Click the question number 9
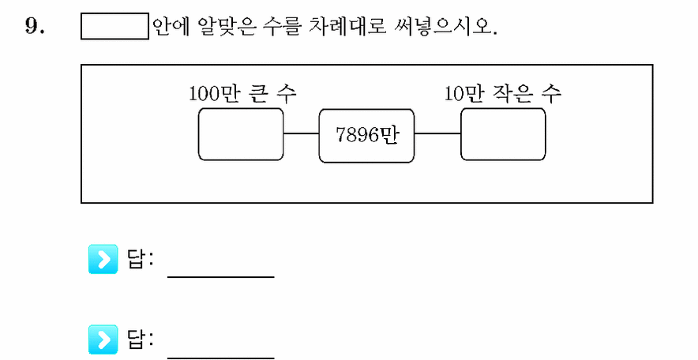(x=35, y=27)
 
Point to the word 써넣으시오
(x=445, y=26)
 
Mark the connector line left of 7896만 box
(x=301, y=133)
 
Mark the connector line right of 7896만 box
(x=437, y=133)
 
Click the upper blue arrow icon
(x=103, y=259)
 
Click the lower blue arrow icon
(x=103, y=339)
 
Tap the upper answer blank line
(x=221, y=277)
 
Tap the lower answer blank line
(x=221, y=357)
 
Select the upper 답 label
(x=135, y=260)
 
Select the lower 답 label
(x=135, y=339)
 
